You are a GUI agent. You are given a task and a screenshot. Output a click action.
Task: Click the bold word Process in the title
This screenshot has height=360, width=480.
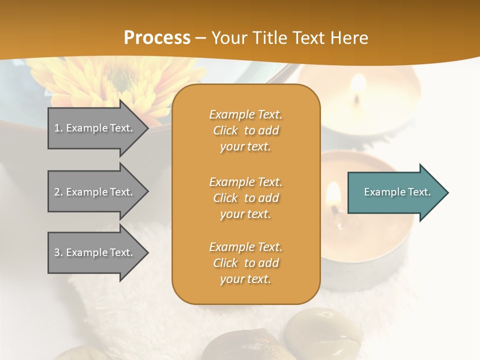(157, 37)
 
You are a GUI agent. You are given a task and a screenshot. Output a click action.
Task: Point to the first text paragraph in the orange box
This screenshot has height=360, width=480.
(245, 130)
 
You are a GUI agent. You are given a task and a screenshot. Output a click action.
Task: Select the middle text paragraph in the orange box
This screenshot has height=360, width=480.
(245, 198)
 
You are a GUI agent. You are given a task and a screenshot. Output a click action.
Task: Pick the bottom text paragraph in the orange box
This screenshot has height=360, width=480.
(245, 263)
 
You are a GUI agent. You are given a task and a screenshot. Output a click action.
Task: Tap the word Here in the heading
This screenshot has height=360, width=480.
(349, 37)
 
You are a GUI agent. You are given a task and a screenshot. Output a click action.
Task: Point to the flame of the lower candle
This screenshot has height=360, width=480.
(333, 195)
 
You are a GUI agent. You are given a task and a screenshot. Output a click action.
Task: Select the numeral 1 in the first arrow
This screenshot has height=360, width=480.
(57, 128)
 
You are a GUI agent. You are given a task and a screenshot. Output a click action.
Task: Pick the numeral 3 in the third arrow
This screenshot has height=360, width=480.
(57, 252)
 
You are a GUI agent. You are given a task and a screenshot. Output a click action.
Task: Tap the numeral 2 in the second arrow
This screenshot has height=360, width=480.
(57, 192)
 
